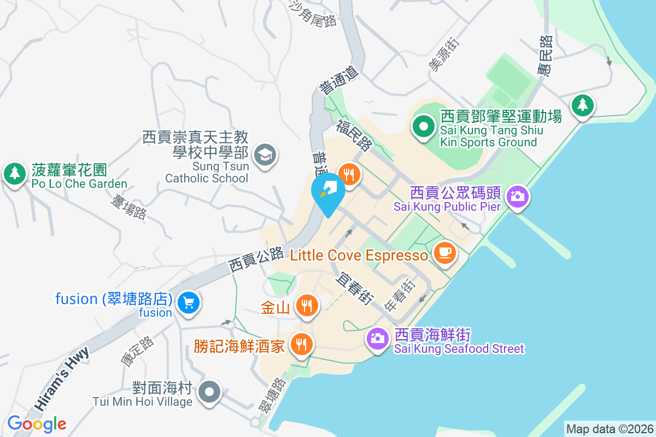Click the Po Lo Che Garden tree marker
pos(14,173)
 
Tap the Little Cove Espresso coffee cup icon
pos(445,252)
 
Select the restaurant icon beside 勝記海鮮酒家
pos(300,344)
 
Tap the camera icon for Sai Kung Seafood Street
pos(377,338)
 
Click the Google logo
pos(37,424)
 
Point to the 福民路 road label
pos(354,136)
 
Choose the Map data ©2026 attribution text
pos(609,429)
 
